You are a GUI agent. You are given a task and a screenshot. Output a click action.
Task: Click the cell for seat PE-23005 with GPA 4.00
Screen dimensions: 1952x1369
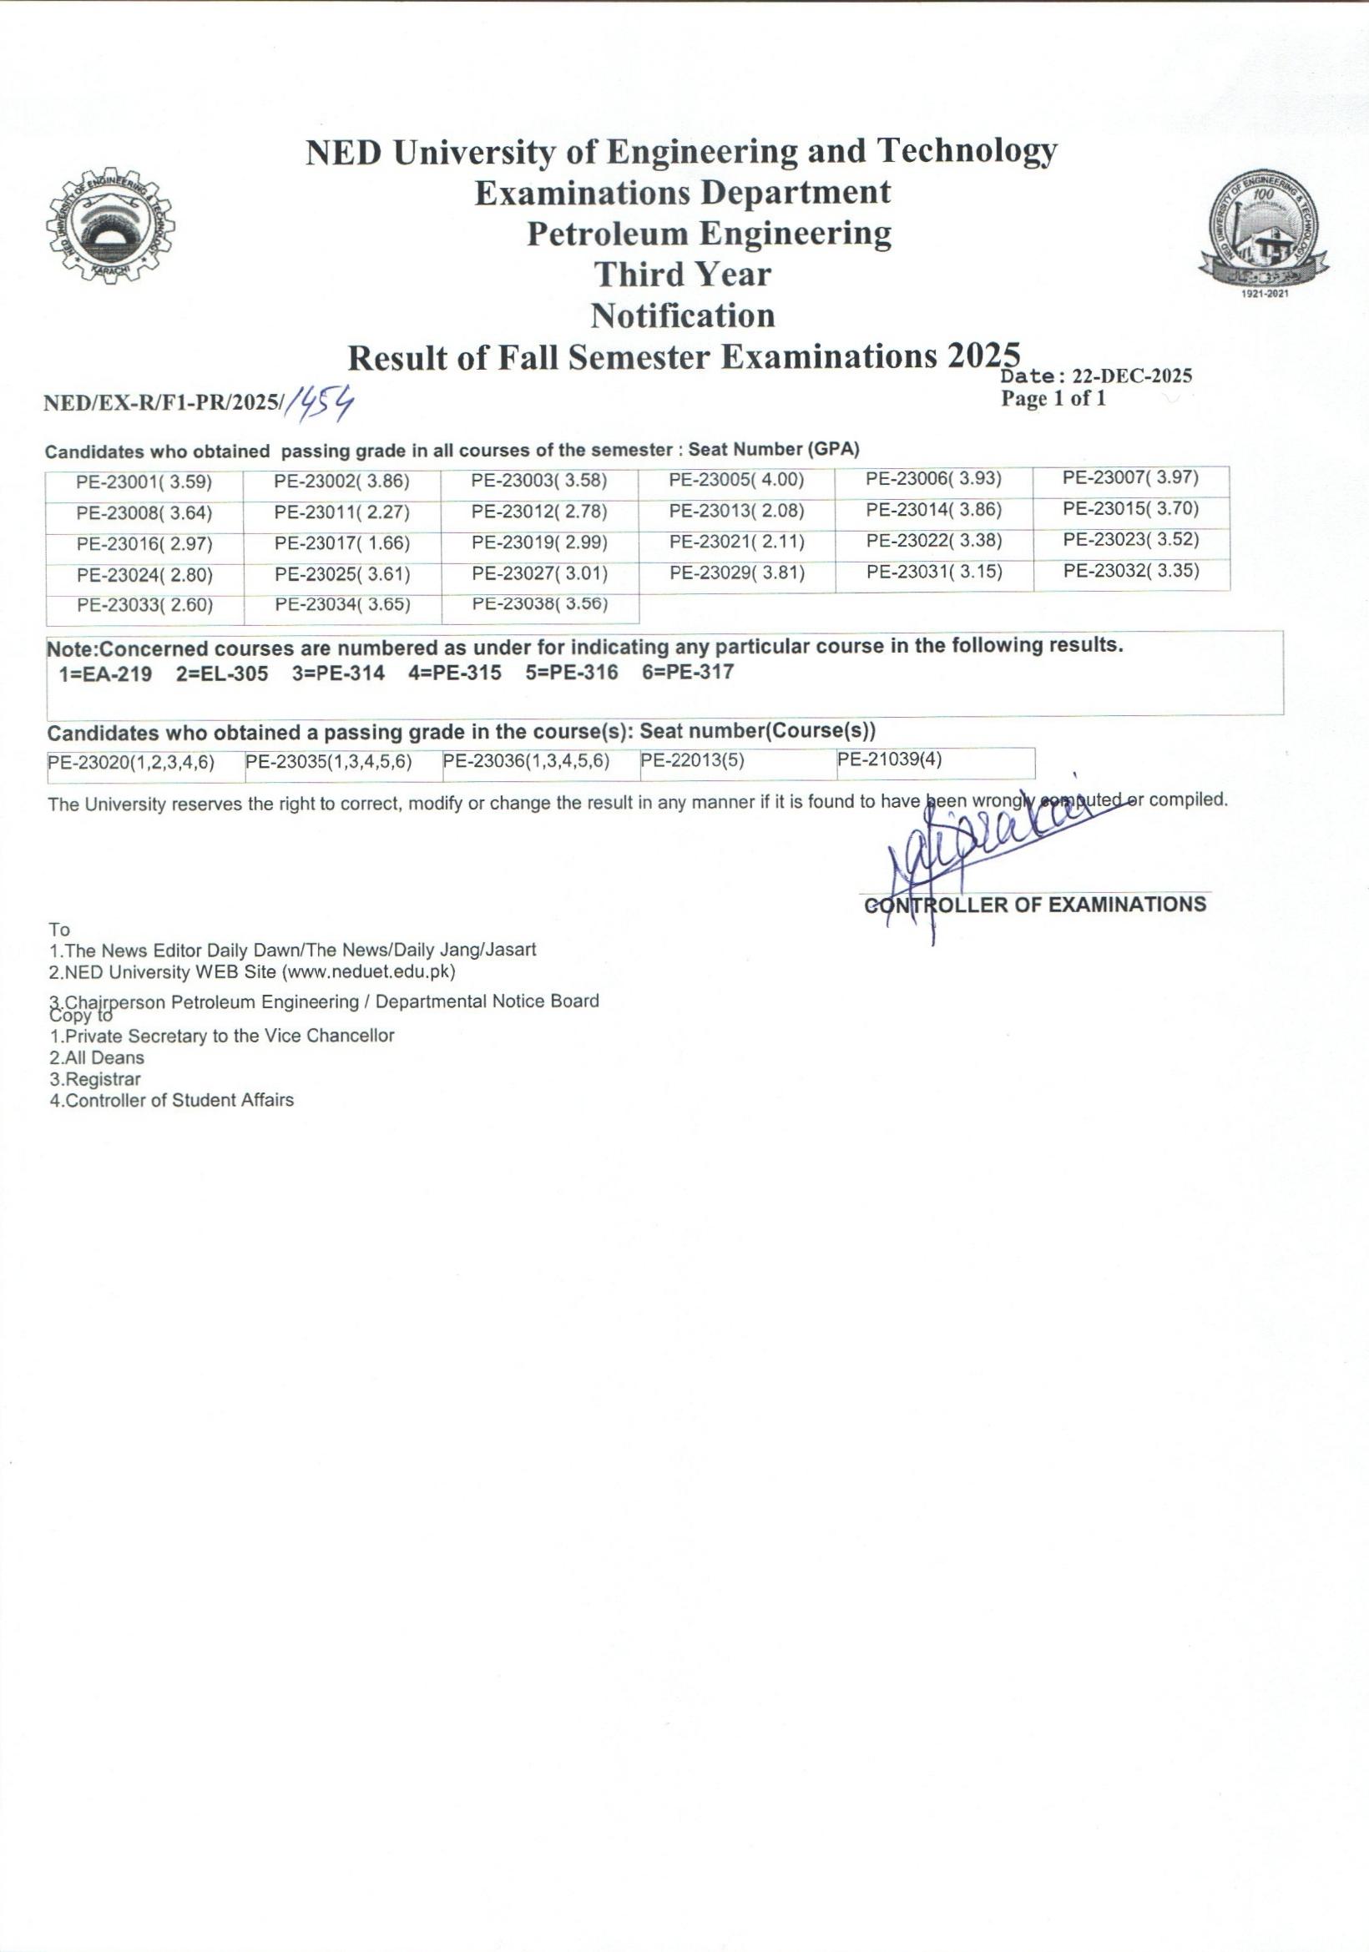[x=736, y=480]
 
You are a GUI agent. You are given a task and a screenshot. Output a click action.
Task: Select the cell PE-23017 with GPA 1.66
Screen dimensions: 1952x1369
[x=341, y=543]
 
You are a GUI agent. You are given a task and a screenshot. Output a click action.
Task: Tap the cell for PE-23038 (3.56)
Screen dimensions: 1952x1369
[x=540, y=603]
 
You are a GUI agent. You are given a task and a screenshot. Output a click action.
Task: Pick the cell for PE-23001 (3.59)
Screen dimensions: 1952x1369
[x=144, y=483]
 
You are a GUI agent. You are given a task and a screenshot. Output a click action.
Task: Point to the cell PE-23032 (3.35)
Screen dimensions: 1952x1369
[x=1131, y=571]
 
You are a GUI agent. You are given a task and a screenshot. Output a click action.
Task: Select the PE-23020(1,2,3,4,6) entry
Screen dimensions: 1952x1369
[x=131, y=763]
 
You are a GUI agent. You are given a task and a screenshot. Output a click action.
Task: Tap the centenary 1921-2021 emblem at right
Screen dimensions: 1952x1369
[x=1265, y=233]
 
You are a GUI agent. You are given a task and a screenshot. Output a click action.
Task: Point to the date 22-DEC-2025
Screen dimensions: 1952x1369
[x=1132, y=376]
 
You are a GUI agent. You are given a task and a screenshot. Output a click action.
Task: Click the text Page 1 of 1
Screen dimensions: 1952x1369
[x=1053, y=399]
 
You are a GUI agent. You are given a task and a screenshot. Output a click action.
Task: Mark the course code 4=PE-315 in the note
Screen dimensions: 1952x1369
[x=454, y=673]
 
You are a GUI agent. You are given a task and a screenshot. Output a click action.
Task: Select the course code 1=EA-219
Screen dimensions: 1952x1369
[x=105, y=675]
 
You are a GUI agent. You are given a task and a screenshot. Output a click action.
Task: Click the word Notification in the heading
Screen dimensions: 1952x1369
[x=683, y=316]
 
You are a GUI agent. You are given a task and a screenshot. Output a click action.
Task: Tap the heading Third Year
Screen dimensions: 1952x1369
[x=683, y=275]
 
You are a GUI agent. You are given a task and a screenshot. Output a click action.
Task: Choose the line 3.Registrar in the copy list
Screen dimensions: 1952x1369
[x=95, y=1079]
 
